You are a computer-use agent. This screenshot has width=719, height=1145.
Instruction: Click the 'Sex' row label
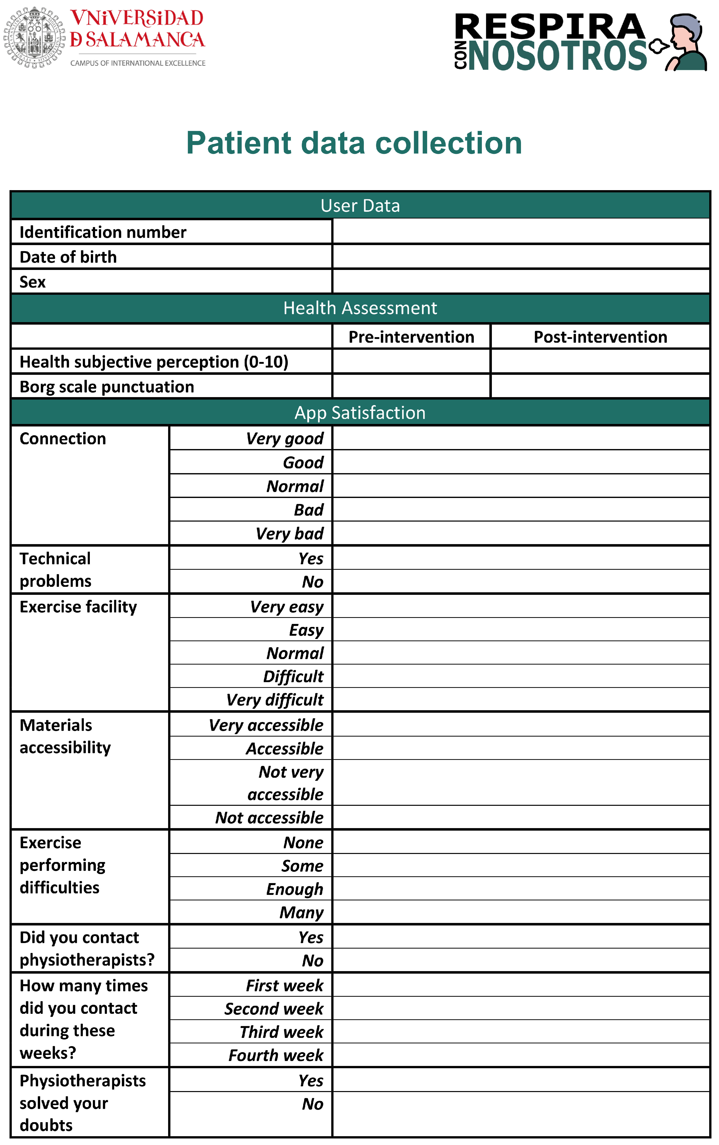tap(33, 282)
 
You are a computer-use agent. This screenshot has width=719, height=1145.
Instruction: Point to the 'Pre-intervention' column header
tap(411, 337)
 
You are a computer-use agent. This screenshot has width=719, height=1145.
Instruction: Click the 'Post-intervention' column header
tap(600, 337)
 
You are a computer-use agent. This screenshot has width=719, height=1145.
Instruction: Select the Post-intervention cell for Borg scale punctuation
tap(600, 386)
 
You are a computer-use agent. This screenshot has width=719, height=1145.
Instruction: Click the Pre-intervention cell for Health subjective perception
tap(411, 362)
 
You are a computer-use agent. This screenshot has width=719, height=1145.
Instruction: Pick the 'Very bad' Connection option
tap(290, 533)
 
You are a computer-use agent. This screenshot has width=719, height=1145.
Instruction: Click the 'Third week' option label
tap(282, 1032)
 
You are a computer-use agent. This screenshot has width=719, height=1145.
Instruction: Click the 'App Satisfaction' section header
tap(360, 412)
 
